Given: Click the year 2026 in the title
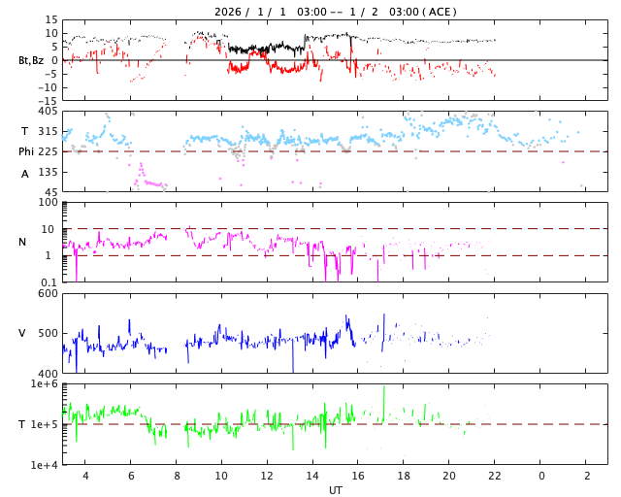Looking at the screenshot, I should [x=230, y=13].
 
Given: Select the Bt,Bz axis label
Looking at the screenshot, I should [x=30, y=60].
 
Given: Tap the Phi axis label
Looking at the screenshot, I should [x=26, y=151].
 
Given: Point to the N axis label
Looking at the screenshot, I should [x=22, y=242].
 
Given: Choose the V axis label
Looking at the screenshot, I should [x=22, y=333].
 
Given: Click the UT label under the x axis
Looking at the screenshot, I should [x=335, y=490].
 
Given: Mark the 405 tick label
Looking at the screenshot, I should [x=48, y=112].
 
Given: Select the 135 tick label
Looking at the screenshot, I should [x=48, y=172].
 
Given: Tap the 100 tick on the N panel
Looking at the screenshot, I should [x=48, y=203].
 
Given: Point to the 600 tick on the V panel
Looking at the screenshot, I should [x=48, y=293].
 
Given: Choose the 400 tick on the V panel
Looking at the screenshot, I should [x=48, y=374].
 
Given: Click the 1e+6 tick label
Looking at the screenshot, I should [x=44, y=384].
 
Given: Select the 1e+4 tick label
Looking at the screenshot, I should [x=44, y=465].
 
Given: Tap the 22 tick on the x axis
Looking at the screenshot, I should [x=495, y=476].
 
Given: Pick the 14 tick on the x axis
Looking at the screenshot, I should [x=312, y=476].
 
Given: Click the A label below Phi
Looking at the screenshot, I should [x=25, y=174].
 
